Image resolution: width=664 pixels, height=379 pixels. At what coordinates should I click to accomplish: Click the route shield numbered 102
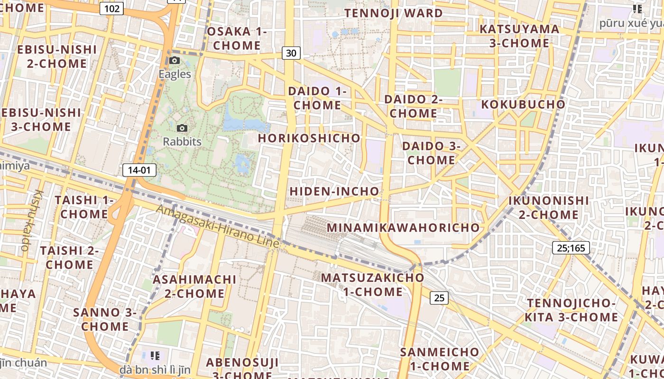(112, 9)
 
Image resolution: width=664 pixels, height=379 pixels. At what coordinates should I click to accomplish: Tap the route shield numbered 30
(291, 53)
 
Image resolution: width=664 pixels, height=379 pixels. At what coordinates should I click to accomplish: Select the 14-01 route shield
(139, 170)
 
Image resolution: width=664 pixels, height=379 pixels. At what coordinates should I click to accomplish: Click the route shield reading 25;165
(571, 248)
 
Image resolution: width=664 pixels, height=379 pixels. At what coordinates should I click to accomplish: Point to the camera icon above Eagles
(175, 61)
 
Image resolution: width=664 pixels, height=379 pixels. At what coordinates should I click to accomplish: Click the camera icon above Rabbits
(182, 128)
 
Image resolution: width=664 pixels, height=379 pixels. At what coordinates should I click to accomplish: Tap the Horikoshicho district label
(309, 138)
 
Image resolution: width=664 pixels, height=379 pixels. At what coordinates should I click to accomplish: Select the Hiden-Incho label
(334, 191)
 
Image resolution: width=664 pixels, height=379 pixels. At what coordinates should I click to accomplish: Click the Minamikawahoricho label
(404, 228)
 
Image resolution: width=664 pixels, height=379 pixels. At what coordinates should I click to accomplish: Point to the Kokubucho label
(524, 105)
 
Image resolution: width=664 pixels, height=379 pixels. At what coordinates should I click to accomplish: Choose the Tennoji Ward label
(394, 13)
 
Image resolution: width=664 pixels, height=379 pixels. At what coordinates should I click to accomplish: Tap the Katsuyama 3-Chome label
(519, 36)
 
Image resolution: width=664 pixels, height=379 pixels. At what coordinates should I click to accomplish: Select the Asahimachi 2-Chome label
(194, 286)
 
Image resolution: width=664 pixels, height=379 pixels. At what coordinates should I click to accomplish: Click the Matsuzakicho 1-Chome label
(373, 284)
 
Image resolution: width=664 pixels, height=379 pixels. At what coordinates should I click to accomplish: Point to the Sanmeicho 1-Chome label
(440, 359)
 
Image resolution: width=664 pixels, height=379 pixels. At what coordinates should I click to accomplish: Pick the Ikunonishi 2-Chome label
(548, 208)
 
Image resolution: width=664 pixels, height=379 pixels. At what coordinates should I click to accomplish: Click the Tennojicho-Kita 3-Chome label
(572, 310)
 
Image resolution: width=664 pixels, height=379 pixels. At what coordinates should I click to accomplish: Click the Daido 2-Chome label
(413, 106)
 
